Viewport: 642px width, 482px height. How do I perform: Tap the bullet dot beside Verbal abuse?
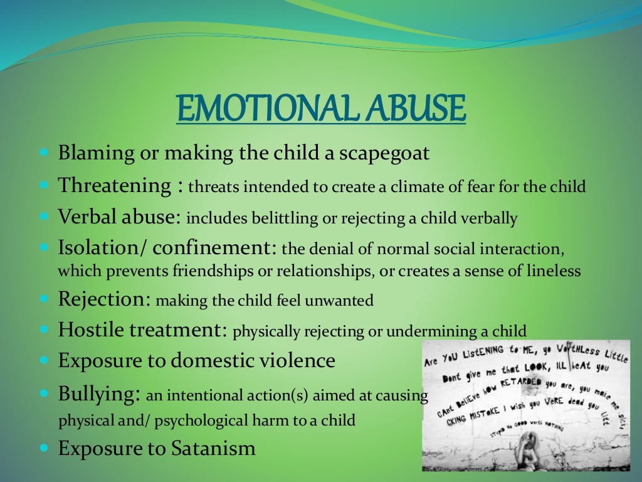coord(44,217)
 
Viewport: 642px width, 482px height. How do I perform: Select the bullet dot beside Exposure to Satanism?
coord(44,449)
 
